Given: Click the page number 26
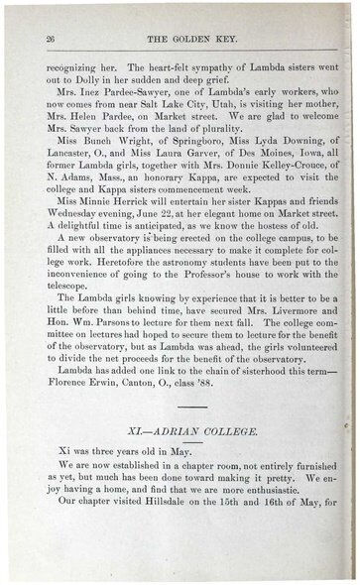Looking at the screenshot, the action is point(50,37).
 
